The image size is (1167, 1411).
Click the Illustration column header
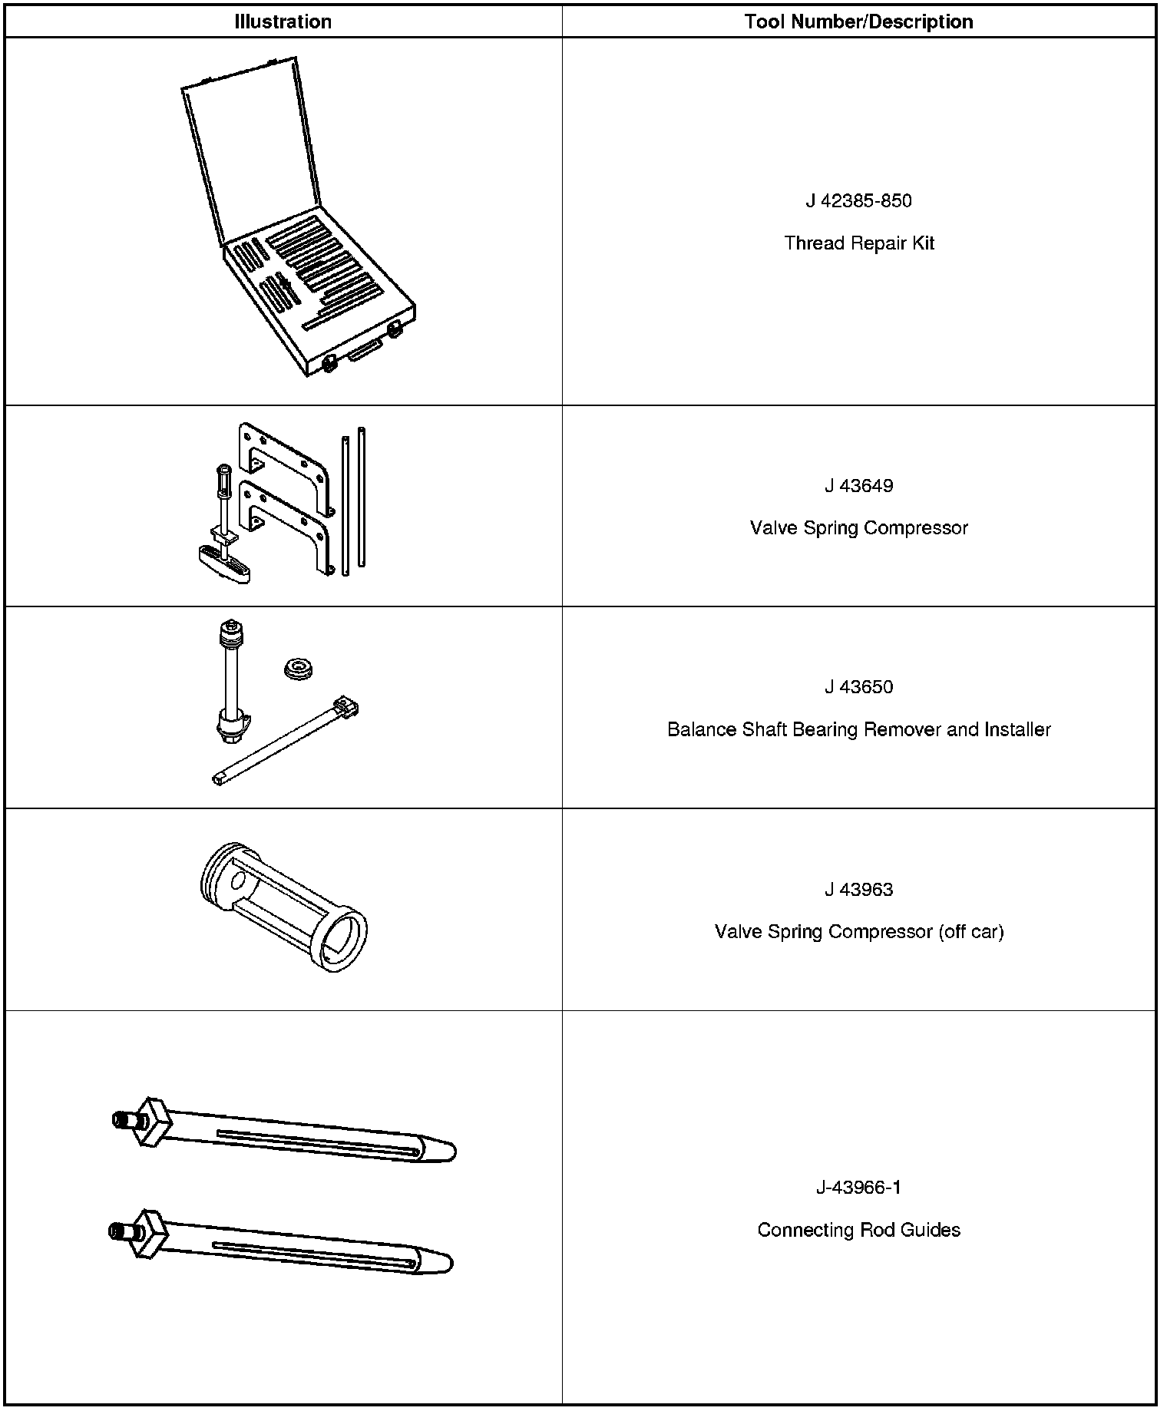tap(283, 21)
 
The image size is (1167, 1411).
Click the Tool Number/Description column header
tap(858, 21)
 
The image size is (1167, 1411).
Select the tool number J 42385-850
tap(858, 201)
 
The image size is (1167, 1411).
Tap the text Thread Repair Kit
tap(858, 243)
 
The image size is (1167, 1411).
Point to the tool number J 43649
tap(858, 486)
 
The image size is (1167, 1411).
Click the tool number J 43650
tap(858, 687)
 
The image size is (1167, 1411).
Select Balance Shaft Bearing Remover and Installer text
tap(858, 729)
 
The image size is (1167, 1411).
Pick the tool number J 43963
tap(858, 890)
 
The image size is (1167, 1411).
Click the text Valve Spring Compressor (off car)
tap(858, 932)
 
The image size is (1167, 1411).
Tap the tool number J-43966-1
tap(858, 1188)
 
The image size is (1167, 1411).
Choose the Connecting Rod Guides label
tap(858, 1231)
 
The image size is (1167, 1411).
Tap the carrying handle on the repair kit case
tap(365, 352)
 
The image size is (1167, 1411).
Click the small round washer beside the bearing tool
tap(299, 669)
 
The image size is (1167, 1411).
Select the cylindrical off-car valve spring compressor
tap(283, 906)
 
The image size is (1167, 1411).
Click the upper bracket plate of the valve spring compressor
tap(284, 461)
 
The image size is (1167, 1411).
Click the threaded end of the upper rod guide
tap(121, 1119)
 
